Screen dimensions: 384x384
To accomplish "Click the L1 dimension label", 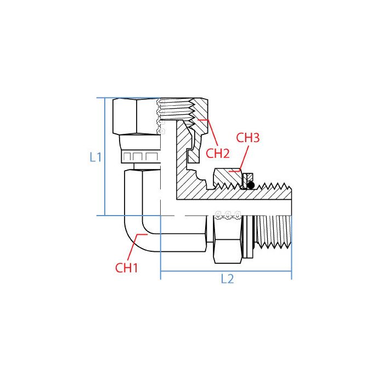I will (95, 157).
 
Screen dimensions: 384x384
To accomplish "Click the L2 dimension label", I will (227, 279).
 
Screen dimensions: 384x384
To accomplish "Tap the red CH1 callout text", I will (126, 268).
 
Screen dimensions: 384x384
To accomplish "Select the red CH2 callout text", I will (217, 153).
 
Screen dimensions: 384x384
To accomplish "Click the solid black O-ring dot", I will (250, 185).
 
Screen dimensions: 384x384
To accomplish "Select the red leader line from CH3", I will (238, 159).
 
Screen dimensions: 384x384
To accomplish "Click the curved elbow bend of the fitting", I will (134, 230).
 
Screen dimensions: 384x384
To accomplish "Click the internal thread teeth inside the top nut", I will (177, 112).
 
